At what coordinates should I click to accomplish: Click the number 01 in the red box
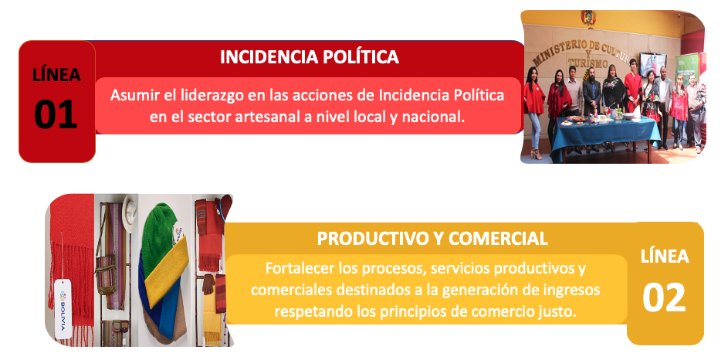pos(56,114)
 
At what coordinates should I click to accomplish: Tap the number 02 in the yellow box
pos(664,297)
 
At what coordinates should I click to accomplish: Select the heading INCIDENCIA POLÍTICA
pos(310,56)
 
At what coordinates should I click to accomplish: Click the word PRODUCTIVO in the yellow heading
pos(373,238)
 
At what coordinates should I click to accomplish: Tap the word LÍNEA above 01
pos(56,74)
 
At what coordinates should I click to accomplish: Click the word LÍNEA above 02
pos(665,256)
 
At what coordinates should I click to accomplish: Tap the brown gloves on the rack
pos(208,284)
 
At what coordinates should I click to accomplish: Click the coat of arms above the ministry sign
pos(587,18)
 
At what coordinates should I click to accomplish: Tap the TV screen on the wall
pos(652,64)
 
